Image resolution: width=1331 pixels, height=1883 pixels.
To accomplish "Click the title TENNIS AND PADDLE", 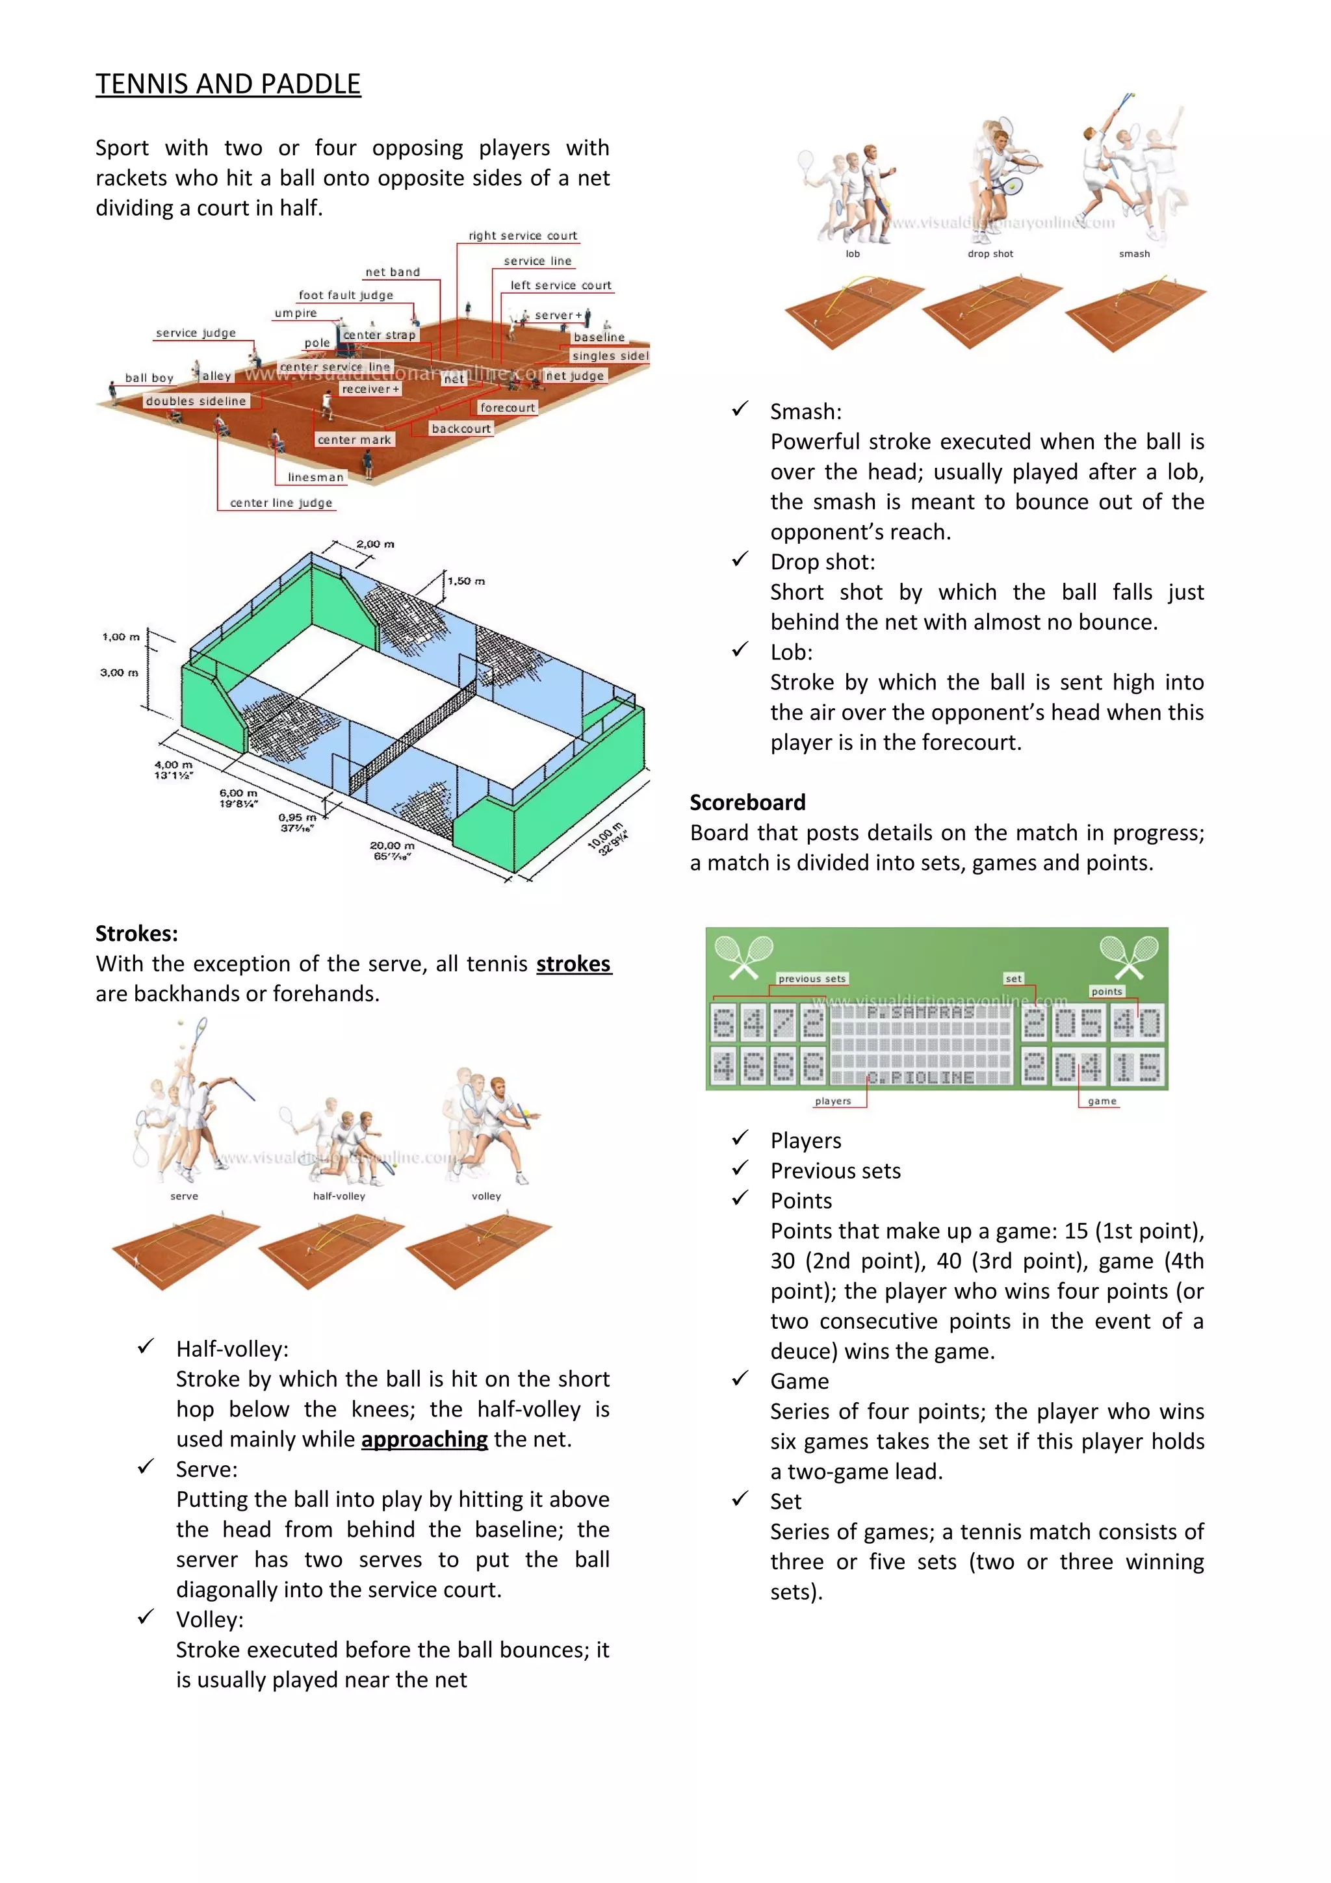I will tap(228, 84).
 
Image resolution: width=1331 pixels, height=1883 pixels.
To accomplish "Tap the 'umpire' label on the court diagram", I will tap(295, 313).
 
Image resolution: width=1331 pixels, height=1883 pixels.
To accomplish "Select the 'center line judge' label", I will tap(281, 503).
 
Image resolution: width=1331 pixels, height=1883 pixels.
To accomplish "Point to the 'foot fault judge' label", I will tap(345, 295).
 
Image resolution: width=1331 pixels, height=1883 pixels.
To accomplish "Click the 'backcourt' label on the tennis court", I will tap(461, 428).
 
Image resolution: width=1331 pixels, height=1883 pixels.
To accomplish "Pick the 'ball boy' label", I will tap(149, 378).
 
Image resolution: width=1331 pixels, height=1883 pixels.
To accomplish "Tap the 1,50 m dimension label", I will tap(466, 581).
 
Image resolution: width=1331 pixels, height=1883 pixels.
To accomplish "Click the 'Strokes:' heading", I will tap(136, 933).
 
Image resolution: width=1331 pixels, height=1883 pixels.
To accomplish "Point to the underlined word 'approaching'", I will tap(424, 1439).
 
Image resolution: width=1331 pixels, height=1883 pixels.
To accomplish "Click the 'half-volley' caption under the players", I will tap(339, 1196).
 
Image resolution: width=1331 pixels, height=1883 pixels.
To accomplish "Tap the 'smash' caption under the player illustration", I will tap(1134, 253).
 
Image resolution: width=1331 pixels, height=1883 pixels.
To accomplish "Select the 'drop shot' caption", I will tap(990, 253).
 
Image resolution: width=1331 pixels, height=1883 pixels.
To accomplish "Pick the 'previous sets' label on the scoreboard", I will tap(811, 979).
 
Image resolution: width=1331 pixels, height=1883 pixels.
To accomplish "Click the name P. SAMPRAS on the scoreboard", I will tap(920, 1013).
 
